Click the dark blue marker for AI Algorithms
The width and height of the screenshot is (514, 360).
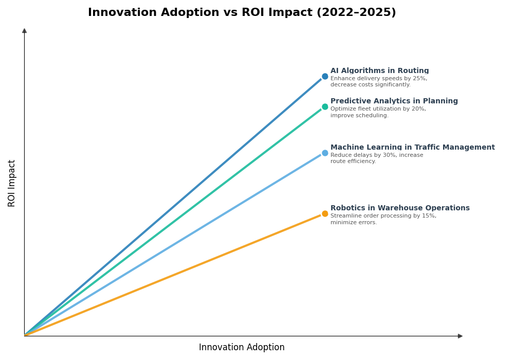pyautogui.click(x=325, y=77)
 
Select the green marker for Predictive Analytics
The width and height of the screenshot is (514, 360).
pyautogui.click(x=325, y=107)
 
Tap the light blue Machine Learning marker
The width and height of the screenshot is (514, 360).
pyautogui.click(x=325, y=153)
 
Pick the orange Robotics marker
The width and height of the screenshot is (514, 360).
pyautogui.click(x=325, y=214)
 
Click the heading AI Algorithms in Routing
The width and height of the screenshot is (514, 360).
pyautogui.click(x=379, y=71)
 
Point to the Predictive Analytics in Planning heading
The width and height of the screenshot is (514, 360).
pyautogui.click(x=394, y=101)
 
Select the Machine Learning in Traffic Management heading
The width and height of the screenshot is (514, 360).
pyautogui.click(x=412, y=148)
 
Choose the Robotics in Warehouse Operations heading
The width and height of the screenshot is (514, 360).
pyautogui.click(x=400, y=208)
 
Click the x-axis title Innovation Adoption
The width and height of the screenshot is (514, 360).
pyautogui.click(x=242, y=348)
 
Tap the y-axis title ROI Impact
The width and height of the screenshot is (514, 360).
pyautogui.click(x=12, y=183)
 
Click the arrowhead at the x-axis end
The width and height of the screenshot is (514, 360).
pyautogui.click(x=460, y=336)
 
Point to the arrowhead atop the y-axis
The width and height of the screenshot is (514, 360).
pyautogui.click(x=24, y=31)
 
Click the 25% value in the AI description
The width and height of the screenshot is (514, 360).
pyautogui.click(x=419, y=79)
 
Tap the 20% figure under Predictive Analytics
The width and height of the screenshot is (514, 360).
pyautogui.click(x=418, y=109)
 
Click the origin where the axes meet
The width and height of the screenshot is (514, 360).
pyautogui.click(x=25, y=336)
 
